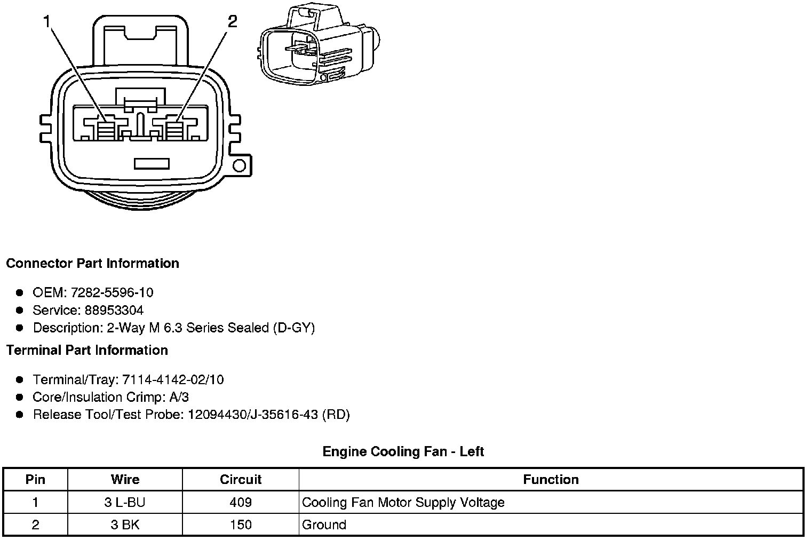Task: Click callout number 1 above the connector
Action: click(x=47, y=22)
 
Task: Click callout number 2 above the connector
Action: click(x=232, y=22)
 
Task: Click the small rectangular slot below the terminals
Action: click(x=152, y=163)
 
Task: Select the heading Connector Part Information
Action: click(x=92, y=264)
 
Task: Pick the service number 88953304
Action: click(x=114, y=310)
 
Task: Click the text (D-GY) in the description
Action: click(x=293, y=328)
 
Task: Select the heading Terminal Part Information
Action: click(x=87, y=351)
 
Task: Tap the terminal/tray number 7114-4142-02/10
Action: click(x=173, y=380)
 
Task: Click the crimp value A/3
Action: click(x=178, y=397)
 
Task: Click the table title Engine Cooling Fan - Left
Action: click(x=403, y=452)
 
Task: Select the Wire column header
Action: click(x=125, y=480)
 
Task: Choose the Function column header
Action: click(x=551, y=480)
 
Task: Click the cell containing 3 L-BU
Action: click(x=125, y=502)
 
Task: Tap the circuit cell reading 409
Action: click(x=241, y=502)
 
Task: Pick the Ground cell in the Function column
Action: click(x=324, y=525)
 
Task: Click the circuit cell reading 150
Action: click(x=241, y=525)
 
